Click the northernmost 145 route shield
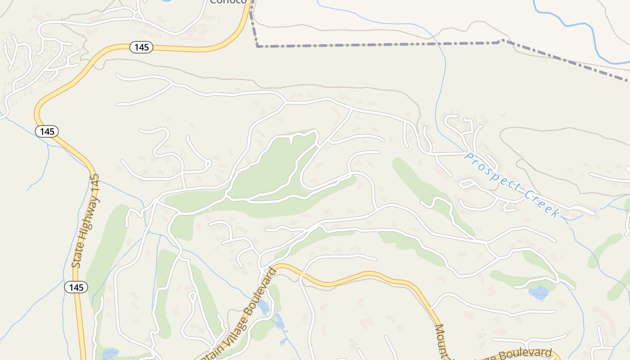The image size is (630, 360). [x=141, y=47]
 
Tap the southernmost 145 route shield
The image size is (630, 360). [x=76, y=287]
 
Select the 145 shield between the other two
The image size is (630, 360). [x=47, y=131]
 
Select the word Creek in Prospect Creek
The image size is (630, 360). [x=542, y=204]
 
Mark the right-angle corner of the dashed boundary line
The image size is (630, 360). [x=257, y=46]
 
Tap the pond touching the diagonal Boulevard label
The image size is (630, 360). [x=263, y=307]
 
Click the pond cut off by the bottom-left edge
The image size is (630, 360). [x=109, y=355]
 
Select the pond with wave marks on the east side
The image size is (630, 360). [x=538, y=293]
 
